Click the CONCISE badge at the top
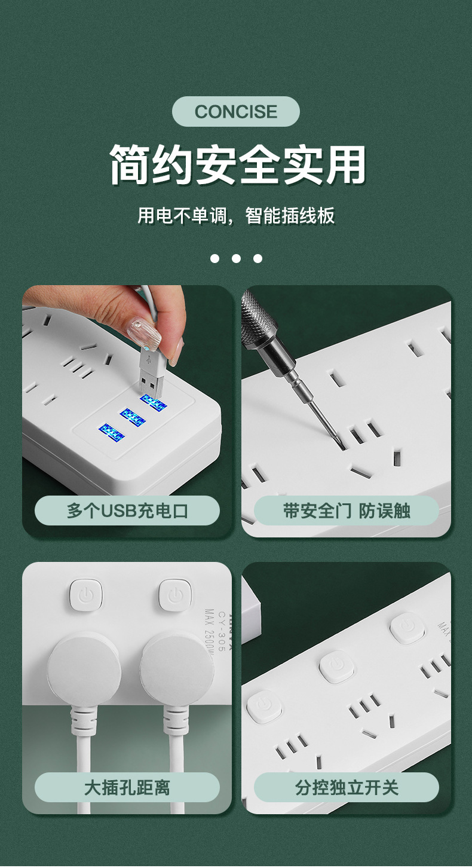(x=235, y=112)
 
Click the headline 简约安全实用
(x=237, y=165)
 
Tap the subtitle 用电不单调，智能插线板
(x=236, y=215)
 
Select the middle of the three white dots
(x=236, y=258)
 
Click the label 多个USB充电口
(x=127, y=511)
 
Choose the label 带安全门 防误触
(x=347, y=511)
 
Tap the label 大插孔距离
(x=127, y=787)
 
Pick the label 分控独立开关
(x=347, y=787)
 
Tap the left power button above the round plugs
(x=85, y=595)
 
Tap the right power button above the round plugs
(x=175, y=595)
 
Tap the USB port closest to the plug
(x=154, y=403)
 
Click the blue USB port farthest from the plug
(x=111, y=432)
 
